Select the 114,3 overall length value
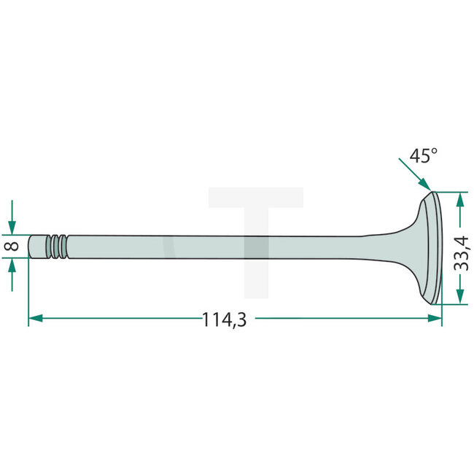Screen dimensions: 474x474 225,319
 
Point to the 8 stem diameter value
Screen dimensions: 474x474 11,246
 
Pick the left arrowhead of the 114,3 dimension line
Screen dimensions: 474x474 34,318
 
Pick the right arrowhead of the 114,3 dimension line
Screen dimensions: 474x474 436,318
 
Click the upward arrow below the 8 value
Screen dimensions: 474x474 12,271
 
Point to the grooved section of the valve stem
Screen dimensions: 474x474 58,246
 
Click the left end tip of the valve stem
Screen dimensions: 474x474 31,246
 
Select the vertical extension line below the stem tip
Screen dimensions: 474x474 28,292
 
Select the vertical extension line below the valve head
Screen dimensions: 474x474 442,314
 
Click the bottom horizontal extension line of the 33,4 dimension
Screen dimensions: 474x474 452,305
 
